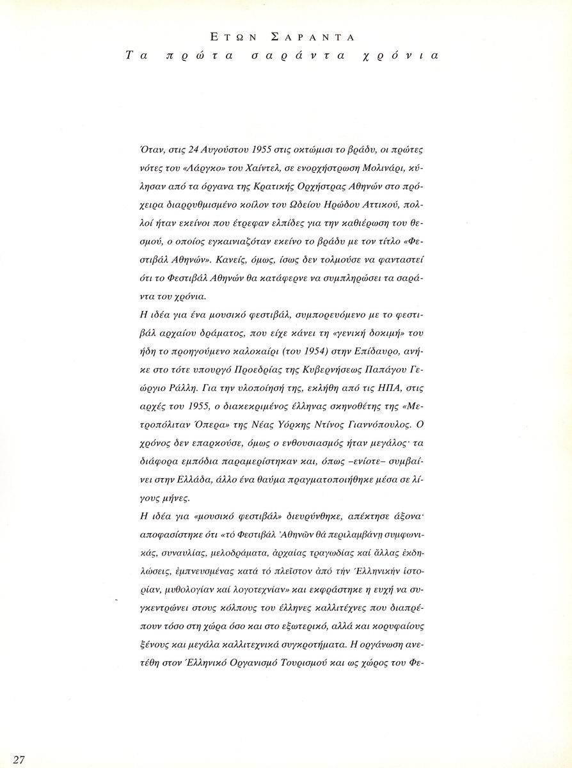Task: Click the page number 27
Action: pos(18,759)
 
